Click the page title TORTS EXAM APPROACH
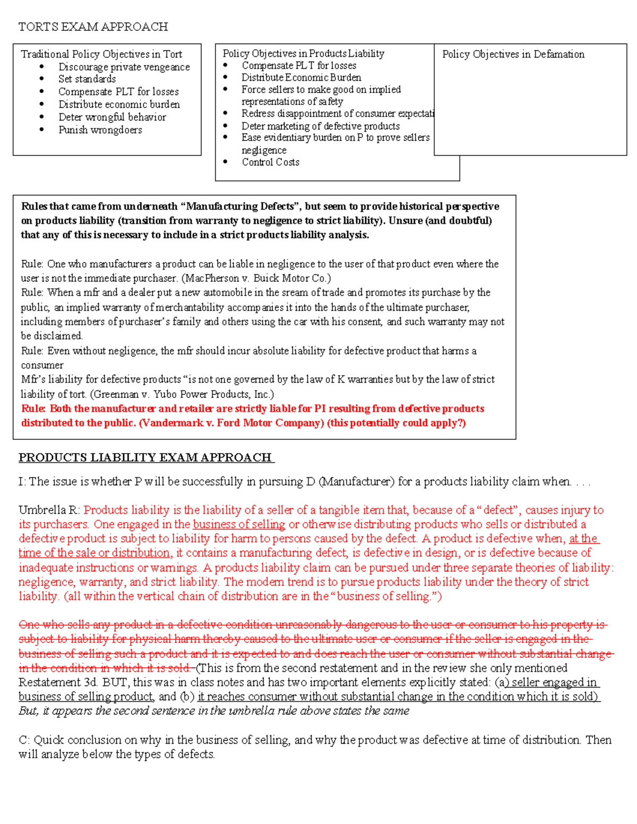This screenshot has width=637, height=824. coord(93,27)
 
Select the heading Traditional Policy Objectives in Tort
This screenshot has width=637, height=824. coord(101,54)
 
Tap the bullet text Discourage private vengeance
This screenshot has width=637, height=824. coord(124,67)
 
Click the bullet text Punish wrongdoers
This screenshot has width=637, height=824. coord(100,130)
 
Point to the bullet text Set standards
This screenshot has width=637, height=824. coord(87,79)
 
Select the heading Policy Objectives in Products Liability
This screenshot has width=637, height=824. coord(303,54)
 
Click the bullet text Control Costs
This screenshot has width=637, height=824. coord(270,162)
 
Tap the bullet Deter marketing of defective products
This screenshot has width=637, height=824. coord(320,126)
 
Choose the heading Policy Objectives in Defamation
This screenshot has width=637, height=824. coord(513,54)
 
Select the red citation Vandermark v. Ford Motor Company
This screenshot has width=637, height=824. coord(231,423)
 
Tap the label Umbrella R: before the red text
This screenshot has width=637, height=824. coord(49,510)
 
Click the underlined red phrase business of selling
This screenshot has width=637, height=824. coord(239,524)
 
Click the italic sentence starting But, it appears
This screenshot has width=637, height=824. coord(213,711)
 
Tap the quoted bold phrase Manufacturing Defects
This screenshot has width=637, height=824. coord(240,206)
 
